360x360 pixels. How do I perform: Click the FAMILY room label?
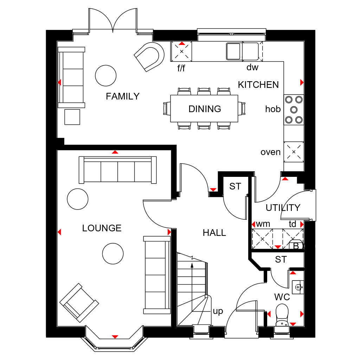123,96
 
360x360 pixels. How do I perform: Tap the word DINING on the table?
205,109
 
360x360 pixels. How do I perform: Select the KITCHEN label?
258,85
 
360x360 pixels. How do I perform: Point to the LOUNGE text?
102,228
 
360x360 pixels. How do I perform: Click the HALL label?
214,233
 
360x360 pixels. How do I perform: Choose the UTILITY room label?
283,208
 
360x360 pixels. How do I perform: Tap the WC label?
282,297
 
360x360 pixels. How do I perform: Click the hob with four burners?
294,109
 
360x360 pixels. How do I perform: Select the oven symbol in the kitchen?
294,152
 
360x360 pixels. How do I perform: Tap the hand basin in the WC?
298,287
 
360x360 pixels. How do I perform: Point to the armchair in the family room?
150,56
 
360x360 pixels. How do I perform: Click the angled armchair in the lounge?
79,302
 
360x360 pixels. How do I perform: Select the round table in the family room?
105,75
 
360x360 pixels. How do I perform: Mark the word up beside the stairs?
218,311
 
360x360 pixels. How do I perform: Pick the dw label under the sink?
252,67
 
